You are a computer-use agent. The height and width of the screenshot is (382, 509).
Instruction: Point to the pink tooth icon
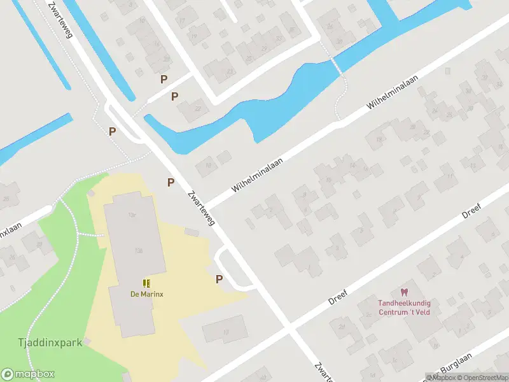[x=402, y=292]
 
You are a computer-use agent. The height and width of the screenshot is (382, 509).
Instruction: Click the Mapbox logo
[x=28, y=374]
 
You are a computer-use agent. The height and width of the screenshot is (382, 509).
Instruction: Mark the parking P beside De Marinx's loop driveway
[x=220, y=279]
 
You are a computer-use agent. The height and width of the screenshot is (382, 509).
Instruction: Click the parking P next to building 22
[x=174, y=96]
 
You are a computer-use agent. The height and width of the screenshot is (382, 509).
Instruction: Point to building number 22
[x=197, y=109]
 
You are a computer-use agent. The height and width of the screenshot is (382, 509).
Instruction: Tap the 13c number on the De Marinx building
[x=132, y=216]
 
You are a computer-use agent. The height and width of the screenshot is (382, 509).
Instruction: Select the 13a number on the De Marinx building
[x=138, y=251]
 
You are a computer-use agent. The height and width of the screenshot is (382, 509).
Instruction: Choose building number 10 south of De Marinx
[x=225, y=330]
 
